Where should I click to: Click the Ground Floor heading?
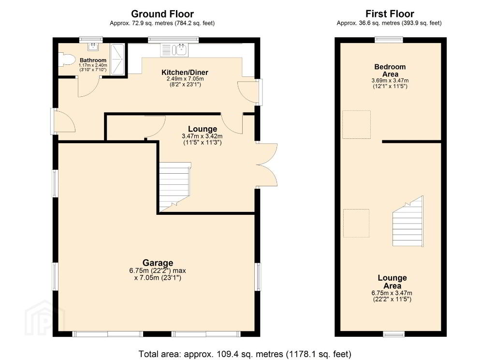pyautogui.click(x=162, y=14)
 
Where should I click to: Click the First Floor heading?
pyautogui.click(x=390, y=14)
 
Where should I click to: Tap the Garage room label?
pyautogui.click(x=158, y=263)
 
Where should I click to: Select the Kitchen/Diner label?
pyautogui.click(x=185, y=73)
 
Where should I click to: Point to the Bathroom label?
pyautogui.click(x=93, y=60)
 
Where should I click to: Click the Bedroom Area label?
pyautogui.click(x=390, y=70)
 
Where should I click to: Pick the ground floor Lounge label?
pyautogui.click(x=203, y=129)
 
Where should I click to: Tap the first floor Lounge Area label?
pyautogui.click(x=392, y=282)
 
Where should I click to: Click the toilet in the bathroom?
pyautogui.click(x=67, y=60)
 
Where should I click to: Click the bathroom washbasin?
pyautogui.click(x=93, y=47)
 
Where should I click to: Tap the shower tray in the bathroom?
pyautogui.click(x=118, y=60)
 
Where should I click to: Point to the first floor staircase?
pyautogui.click(x=408, y=221)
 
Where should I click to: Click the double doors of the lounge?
pyautogui.click(x=267, y=165)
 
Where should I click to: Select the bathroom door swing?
pyautogui.click(x=89, y=86)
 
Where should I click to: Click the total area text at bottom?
pyautogui.click(x=245, y=354)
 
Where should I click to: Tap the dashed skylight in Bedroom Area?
pyautogui.click(x=356, y=124)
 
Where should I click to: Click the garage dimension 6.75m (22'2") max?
pyautogui.click(x=158, y=270)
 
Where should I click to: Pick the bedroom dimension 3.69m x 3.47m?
pyautogui.click(x=390, y=80)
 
